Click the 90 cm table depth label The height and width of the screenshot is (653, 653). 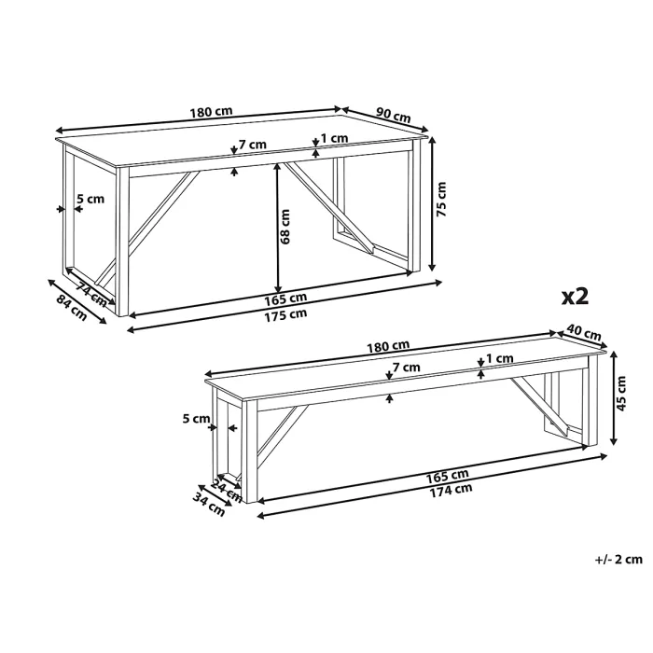coord(394,115)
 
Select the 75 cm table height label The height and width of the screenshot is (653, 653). coord(440,199)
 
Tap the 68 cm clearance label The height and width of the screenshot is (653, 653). coord(285,227)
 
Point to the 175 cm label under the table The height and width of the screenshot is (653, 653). coord(285,315)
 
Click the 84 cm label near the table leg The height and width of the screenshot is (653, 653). coord(72,308)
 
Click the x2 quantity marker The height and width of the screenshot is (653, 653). coord(576,297)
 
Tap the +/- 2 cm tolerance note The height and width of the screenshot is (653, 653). coord(618,559)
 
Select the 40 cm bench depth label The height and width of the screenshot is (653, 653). coord(584,332)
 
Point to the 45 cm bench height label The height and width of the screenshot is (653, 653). coord(621,394)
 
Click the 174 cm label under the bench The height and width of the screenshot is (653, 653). coord(451,490)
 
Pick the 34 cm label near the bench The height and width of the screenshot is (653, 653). coord(209,504)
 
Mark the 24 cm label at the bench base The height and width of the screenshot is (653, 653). coord(227,491)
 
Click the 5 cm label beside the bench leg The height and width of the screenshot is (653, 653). coord(196,419)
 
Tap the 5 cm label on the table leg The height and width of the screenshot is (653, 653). coord(90,199)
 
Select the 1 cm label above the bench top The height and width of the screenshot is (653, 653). coord(500,358)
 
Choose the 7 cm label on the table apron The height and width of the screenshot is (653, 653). coord(253,145)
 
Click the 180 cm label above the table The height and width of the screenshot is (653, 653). coord(211,113)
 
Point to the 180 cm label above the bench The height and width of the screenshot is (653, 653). coord(388,346)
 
